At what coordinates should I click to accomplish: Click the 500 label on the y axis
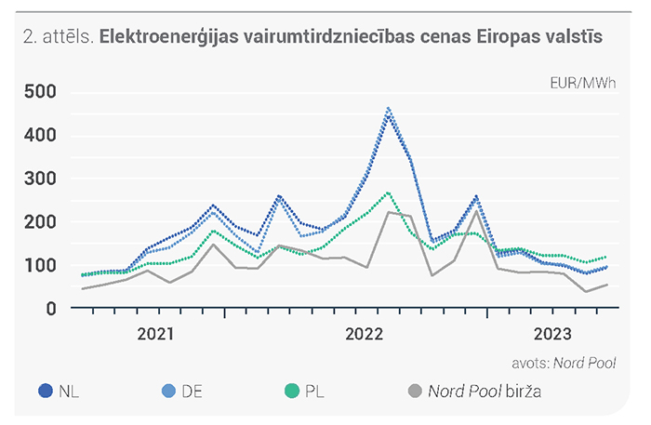pyautogui.click(x=40, y=91)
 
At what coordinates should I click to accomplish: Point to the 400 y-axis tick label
pyautogui.click(x=40, y=135)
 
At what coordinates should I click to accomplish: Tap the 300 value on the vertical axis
pyautogui.click(x=40, y=179)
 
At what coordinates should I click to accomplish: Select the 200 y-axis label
pyautogui.click(x=40, y=222)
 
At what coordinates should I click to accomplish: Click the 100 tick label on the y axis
pyautogui.click(x=40, y=265)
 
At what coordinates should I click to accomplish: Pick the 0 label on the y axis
pyautogui.click(x=51, y=309)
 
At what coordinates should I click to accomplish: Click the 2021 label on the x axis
pyautogui.click(x=155, y=334)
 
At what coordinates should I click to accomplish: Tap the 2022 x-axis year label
pyautogui.click(x=365, y=334)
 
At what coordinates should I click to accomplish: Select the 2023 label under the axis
pyautogui.click(x=552, y=334)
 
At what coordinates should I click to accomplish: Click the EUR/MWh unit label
pyautogui.click(x=583, y=84)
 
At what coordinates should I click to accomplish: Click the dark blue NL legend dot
pyautogui.click(x=46, y=391)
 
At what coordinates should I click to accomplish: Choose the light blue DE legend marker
pyautogui.click(x=168, y=391)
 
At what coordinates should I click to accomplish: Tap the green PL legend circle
pyautogui.click(x=292, y=391)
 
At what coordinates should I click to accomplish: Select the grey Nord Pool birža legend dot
pyautogui.click(x=415, y=391)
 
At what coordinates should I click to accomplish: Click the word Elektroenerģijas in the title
pyautogui.click(x=169, y=37)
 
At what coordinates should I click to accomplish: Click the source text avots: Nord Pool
pyautogui.click(x=564, y=364)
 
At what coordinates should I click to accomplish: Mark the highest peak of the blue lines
pyautogui.click(x=388, y=109)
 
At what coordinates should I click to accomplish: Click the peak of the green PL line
pyautogui.click(x=388, y=193)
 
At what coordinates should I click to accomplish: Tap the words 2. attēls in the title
pyautogui.click(x=59, y=36)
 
